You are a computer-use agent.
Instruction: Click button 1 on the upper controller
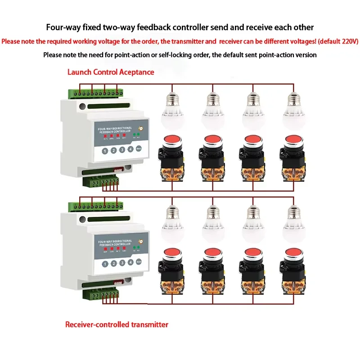[x=104, y=151]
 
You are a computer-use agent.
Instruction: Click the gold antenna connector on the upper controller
[x=140, y=129]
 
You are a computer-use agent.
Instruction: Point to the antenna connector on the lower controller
[x=140, y=242]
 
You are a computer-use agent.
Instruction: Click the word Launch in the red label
[x=80, y=72]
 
